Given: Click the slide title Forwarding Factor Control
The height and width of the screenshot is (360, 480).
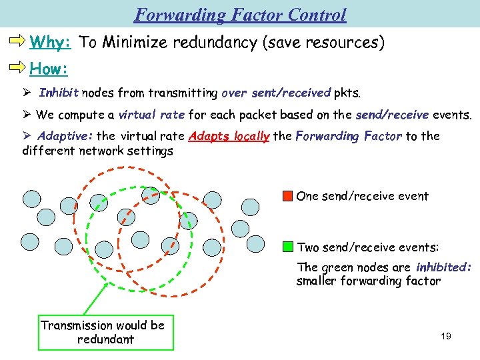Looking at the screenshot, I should click(240, 14).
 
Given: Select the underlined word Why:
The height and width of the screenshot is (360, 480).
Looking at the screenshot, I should click(51, 43).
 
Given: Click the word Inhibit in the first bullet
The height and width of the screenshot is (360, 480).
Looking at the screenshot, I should click(59, 93).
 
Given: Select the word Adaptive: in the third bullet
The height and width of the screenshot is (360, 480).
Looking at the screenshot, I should click(65, 136).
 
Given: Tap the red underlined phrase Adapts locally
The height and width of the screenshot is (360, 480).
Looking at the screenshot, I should click(229, 137).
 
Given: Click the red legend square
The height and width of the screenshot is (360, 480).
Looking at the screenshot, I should click(287, 196).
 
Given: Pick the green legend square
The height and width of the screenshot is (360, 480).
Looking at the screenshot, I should click(287, 247).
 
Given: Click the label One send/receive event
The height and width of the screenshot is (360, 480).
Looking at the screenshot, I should click(362, 196).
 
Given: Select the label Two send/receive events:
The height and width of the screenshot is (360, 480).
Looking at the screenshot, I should click(367, 247).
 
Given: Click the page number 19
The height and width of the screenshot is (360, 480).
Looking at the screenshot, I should click(446, 336).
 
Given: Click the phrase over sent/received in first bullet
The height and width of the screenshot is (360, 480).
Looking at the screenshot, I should click(275, 93).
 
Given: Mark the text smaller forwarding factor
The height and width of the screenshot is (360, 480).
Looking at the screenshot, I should click(368, 281).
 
